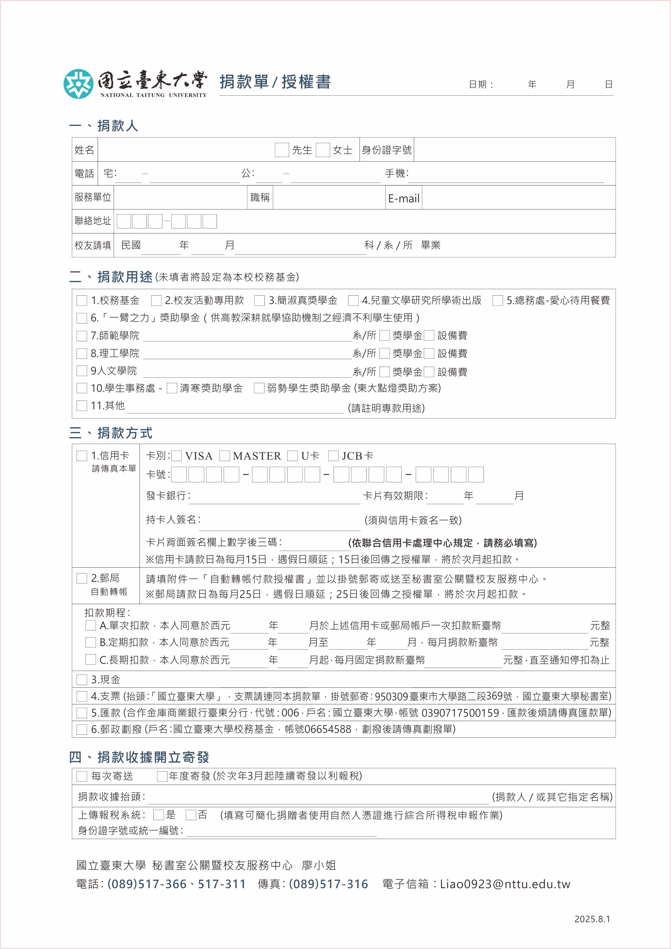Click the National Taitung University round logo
78,84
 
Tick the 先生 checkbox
282,150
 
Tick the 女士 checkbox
323,150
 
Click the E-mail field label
404,198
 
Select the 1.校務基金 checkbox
82,300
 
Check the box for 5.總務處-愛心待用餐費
498,300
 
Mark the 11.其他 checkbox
82,406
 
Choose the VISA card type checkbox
177,456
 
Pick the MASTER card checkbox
225,456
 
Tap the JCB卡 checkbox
333,456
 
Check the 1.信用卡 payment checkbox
82,456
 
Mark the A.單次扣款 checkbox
90,625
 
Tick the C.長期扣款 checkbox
90,659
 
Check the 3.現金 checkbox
82,680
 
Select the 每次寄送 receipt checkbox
82,776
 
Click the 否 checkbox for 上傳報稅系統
191,815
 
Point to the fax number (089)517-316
328,884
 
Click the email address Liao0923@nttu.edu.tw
505,884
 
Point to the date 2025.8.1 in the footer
592,919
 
